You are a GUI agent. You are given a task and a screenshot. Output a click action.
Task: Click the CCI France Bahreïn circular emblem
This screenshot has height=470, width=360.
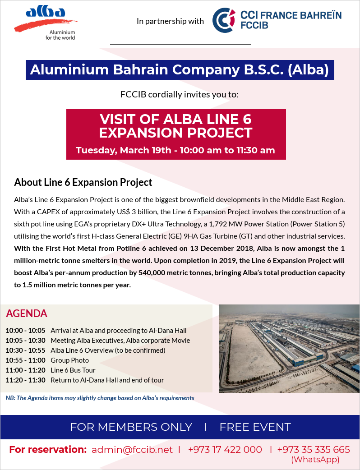(x=224, y=21)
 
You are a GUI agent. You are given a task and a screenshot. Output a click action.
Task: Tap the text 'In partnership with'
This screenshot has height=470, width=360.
(x=170, y=21)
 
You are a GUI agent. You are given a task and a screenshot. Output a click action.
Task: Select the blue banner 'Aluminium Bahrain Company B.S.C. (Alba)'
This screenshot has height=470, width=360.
(x=179, y=70)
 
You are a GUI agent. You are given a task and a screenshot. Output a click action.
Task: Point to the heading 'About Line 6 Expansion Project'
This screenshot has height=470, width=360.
(x=83, y=182)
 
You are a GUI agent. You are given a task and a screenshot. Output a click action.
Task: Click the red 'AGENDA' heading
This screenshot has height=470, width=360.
(x=27, y=313)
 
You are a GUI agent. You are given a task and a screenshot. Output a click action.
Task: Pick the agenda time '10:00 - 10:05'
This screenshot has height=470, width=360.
(x=25, y=331)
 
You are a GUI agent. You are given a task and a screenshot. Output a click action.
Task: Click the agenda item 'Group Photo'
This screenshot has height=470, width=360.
(x=69, y=360)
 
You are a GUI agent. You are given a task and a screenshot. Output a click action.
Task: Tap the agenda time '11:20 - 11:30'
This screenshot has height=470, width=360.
(x=25, y=380)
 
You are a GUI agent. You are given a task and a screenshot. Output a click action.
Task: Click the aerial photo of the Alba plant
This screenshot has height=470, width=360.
(x=289, y=348)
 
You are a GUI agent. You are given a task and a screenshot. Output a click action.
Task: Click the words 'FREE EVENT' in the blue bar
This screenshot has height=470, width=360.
(x=255, y=427)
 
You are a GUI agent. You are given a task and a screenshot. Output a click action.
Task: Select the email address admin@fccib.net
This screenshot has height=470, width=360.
(x=132, y=450)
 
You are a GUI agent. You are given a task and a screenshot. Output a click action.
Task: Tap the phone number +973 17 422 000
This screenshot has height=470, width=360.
(x=225, y=450)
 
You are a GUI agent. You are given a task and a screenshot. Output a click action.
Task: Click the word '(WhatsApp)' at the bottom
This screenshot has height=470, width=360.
(x=315, y=460)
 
